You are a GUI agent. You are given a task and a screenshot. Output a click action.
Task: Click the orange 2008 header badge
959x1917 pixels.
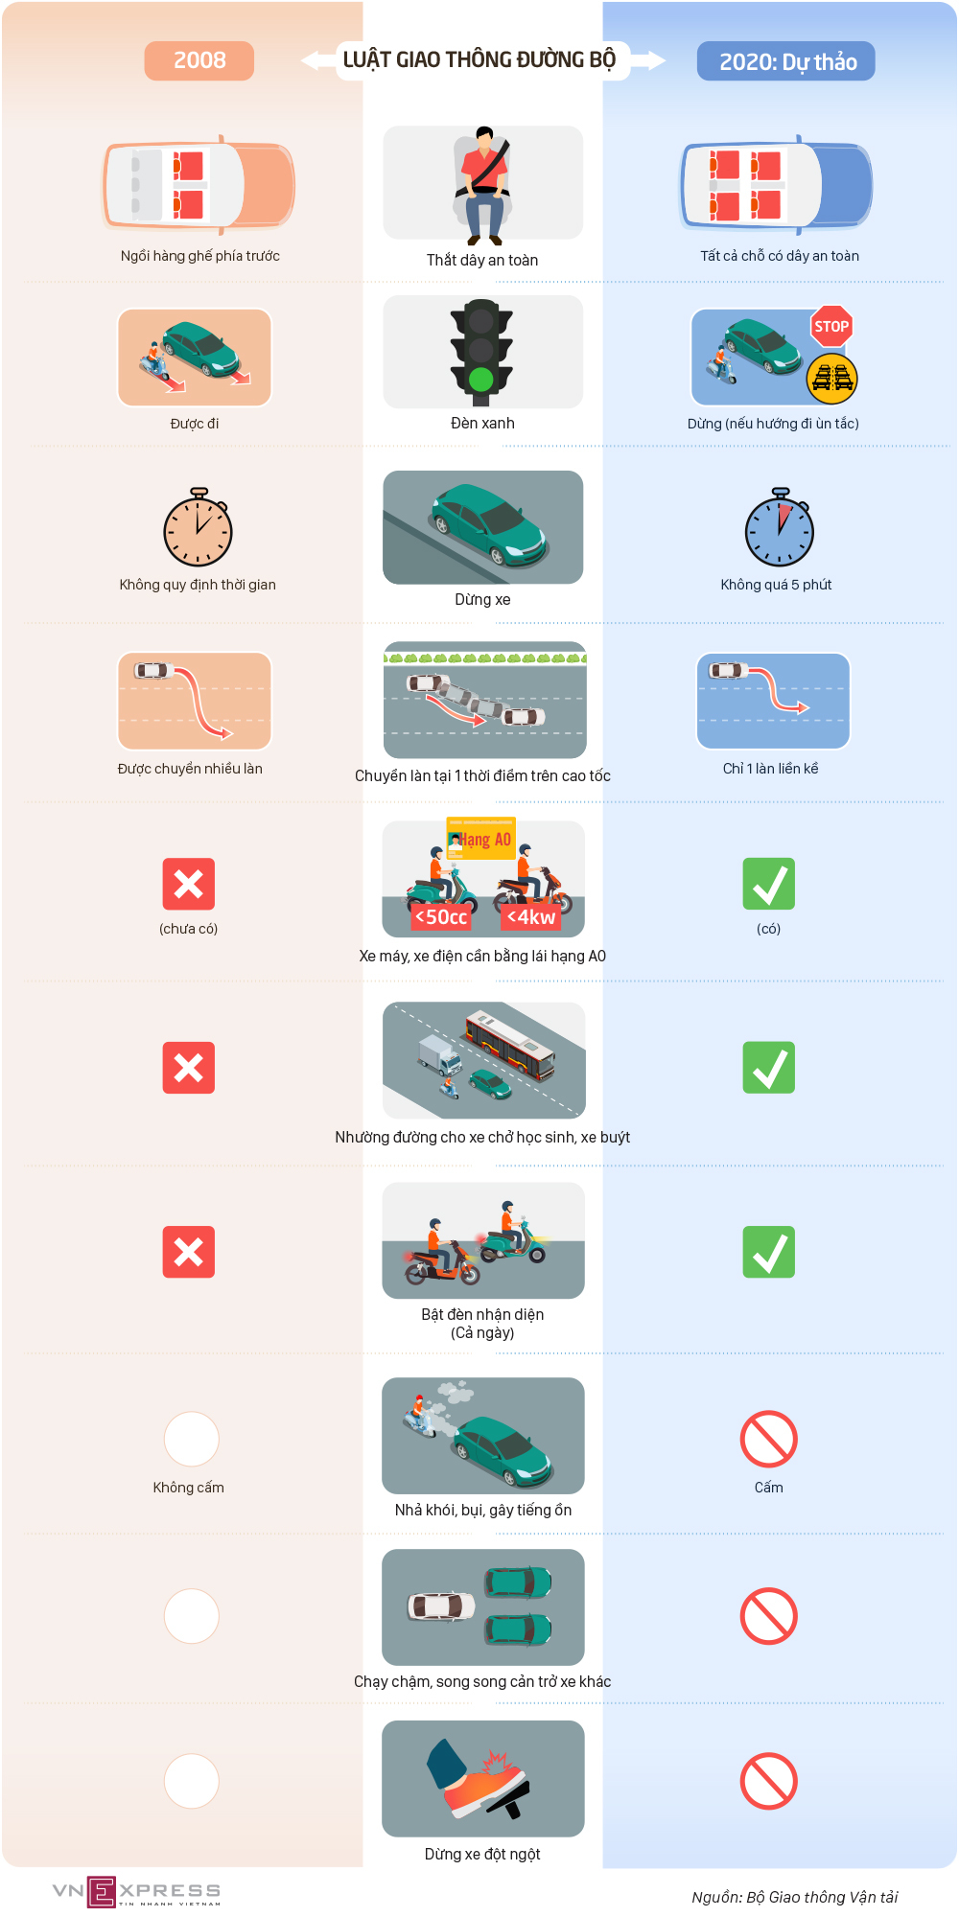[199, 60]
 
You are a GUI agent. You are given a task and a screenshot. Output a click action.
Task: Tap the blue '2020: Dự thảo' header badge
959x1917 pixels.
[786, 61]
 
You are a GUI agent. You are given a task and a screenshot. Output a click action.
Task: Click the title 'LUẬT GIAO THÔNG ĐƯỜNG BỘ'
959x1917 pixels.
[479, 59]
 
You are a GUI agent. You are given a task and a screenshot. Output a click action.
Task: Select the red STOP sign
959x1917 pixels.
[831, 327]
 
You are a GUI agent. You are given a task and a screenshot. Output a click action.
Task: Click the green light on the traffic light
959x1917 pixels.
[481, 380]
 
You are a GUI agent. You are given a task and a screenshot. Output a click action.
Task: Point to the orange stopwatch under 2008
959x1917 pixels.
[198, 528]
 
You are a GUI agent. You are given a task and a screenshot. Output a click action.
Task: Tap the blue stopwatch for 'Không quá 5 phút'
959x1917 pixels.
[780, 528]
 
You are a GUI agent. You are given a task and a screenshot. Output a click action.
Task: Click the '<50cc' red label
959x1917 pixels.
[441, 917]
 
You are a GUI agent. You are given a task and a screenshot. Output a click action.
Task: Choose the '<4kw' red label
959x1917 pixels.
[530, 917]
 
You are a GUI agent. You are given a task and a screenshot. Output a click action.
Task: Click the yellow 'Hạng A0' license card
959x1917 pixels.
[481, 839]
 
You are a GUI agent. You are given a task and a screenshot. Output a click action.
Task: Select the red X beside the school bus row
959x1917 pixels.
[189, 1068]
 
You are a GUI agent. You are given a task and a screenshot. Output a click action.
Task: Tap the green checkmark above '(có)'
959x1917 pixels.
[769, 884]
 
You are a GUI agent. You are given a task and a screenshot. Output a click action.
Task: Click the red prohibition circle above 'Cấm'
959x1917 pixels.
[769, 1439]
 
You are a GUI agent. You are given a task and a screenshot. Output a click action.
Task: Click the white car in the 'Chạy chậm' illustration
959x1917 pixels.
[441, 1606]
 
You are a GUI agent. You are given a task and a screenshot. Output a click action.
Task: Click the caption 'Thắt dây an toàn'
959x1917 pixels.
[482, 260]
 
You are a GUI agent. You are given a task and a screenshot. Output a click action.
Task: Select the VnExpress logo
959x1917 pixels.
[136, 1892]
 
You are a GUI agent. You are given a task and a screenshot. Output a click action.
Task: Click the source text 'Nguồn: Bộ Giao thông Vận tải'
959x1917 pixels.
[795, 1897]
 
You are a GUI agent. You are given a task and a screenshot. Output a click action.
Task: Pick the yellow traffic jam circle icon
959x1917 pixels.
[831, 379]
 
